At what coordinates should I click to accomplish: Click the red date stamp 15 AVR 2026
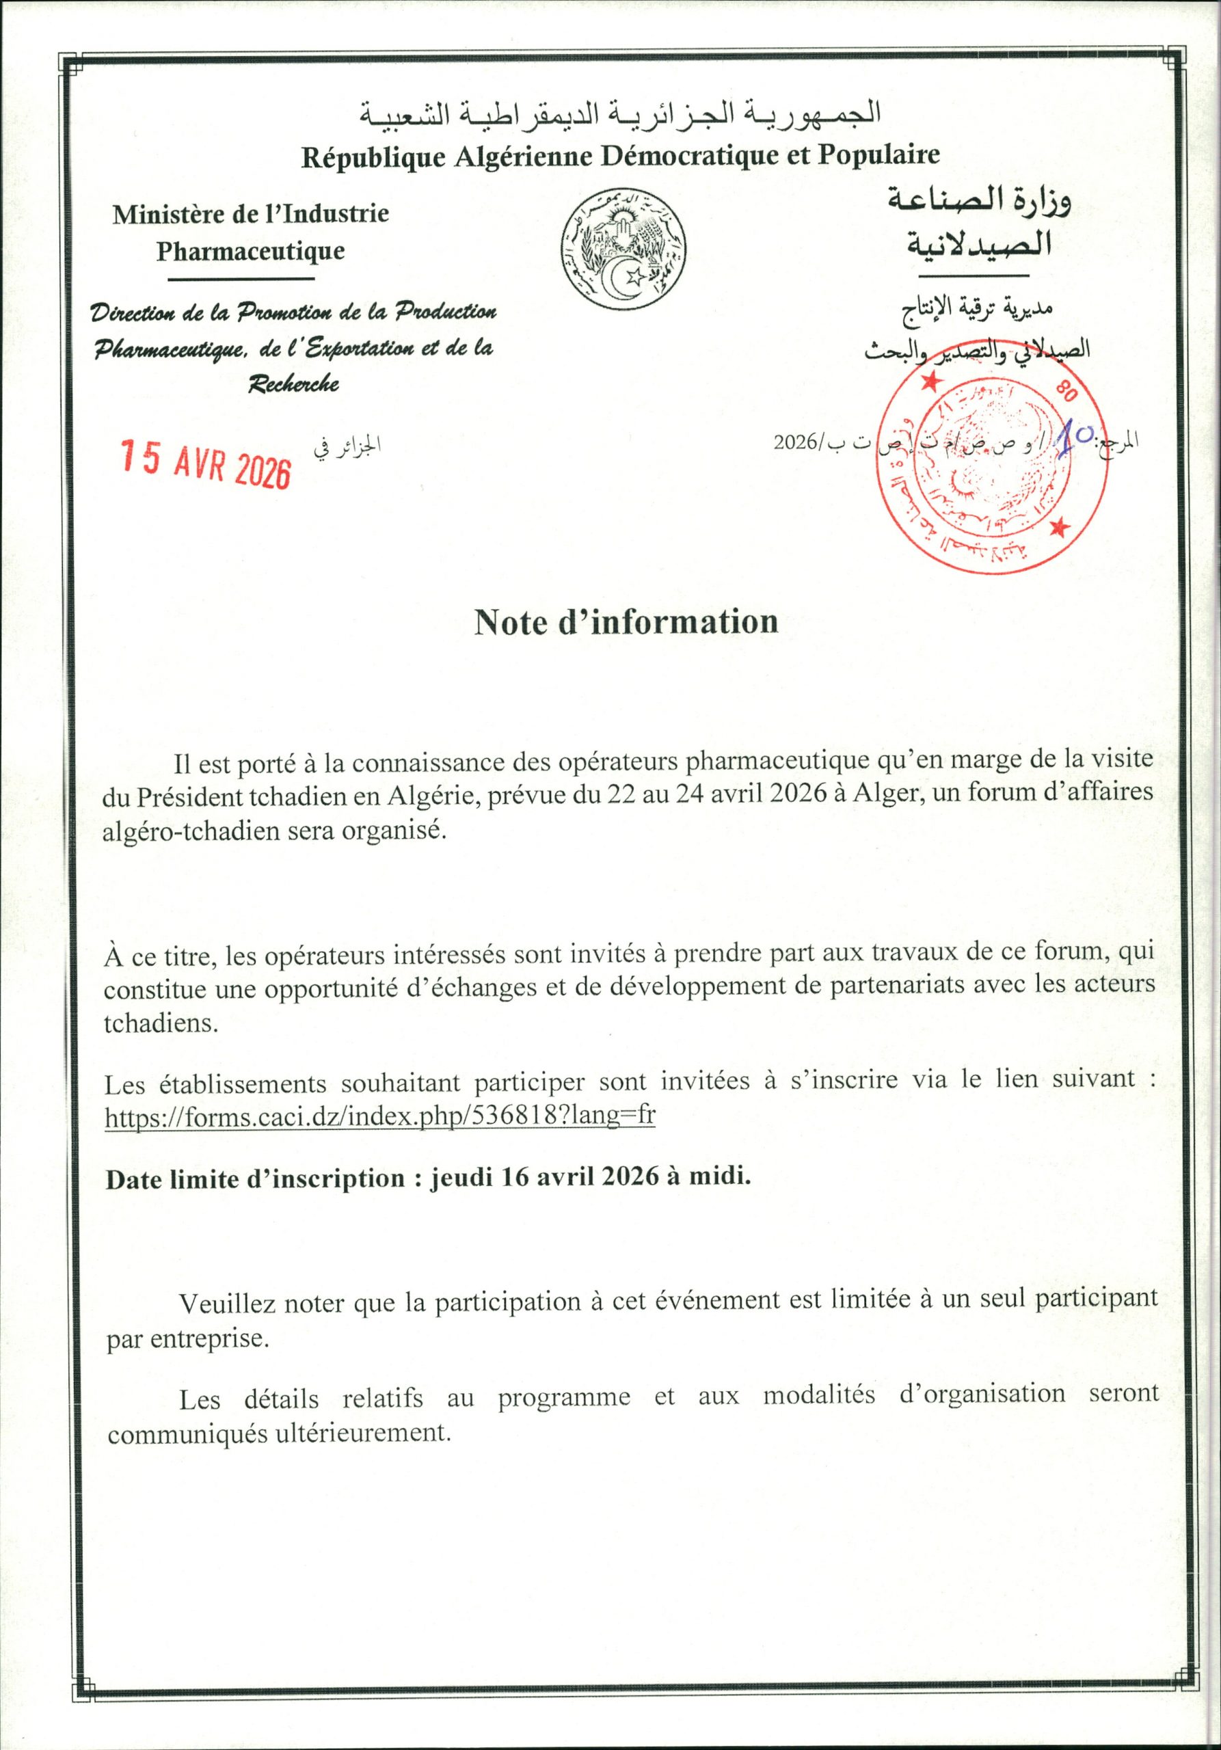pyautogui.click(x=206, y=463)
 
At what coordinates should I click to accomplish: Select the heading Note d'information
pyautogui.click(x=626, y=622)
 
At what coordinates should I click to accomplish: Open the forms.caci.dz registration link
pyautogui.click(x=379, y=1116)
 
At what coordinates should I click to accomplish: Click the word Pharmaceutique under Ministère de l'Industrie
pyautogui.click(x=251, y=251)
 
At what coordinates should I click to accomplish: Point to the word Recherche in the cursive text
pyautogui.click(x=293, y=383)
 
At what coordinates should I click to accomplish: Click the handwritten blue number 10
pyautogui.click(x=1075, y=440)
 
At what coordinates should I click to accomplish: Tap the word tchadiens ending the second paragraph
pyautogui.click(x=160, y=1023)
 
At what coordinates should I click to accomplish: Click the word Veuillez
pyautogui.click(x=227, y=1303)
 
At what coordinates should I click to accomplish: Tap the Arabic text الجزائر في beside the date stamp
pyautogui.click(x=347, y=446)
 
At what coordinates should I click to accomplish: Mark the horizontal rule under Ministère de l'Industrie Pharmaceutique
pyautogui.click(x=240, y=279)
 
